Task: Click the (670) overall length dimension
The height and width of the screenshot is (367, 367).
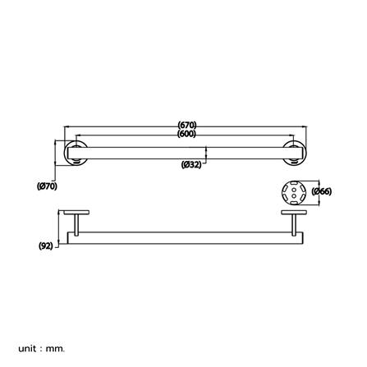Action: [x=186, y=126]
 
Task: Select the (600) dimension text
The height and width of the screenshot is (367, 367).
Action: [x=186, y=133]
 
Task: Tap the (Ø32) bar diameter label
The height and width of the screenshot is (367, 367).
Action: [x=191, y=163]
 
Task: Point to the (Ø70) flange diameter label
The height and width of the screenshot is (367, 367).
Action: [x=48, y=186]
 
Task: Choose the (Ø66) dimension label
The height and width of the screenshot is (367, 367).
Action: [x=321, y=191]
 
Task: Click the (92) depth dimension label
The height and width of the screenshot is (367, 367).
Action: [x=46, y=245]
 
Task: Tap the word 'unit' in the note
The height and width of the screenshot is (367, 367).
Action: [x=26, y=349]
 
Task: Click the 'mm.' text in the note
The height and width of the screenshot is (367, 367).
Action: [x=55, y=349]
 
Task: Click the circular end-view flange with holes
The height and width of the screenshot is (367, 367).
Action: [x=293, y=192]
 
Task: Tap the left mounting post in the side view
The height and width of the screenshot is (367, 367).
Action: [x=75, y=223]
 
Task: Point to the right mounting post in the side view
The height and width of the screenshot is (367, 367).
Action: [x=293, y=223]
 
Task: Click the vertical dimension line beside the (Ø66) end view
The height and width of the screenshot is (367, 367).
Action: [x=310, y=192]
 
